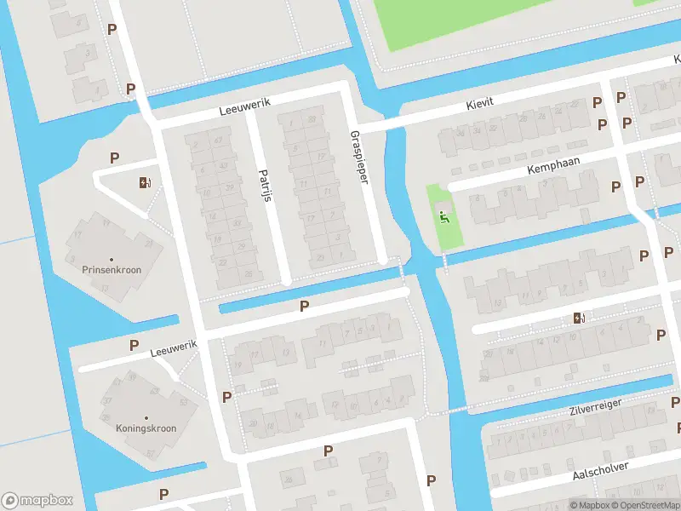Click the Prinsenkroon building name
tap(112, 269)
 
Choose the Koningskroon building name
tap(146, 428)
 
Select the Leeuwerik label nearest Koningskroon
tap(174, 347)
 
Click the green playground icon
tap(444, 216)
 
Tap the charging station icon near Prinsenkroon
tap(144, 182)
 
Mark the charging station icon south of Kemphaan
tap(579, 319)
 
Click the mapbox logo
tap(36, 500)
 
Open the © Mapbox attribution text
tap(588, 505)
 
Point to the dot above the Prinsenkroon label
tap(112, 259)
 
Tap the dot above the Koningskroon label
tap(146, 418)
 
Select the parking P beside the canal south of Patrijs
tap(303, 307)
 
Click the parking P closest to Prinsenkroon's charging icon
tap(114, 158)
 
